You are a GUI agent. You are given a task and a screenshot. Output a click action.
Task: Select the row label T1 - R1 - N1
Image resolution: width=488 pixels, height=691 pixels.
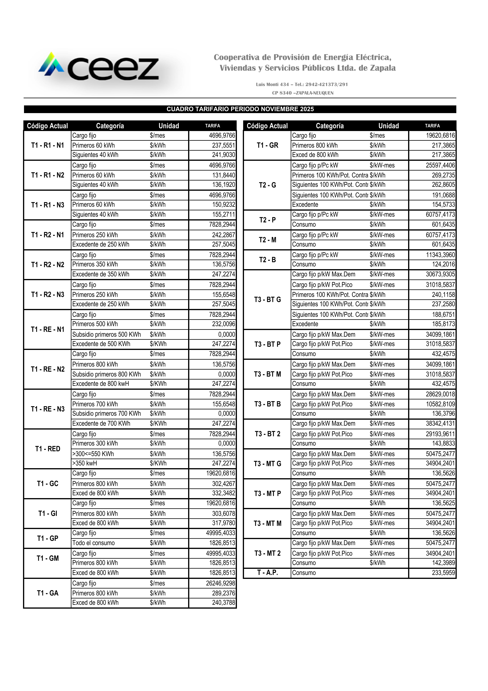coord(47,145)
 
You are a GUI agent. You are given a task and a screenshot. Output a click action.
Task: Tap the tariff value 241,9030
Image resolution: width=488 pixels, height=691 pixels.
coord(223,155)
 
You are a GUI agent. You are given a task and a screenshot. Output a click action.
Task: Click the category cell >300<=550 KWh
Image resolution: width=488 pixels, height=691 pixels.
coord(93,454)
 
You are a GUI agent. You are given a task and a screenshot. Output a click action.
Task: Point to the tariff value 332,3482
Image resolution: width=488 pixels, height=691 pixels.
coord(223,493)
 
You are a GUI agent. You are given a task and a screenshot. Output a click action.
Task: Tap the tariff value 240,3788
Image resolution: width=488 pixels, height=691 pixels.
coord(223,603)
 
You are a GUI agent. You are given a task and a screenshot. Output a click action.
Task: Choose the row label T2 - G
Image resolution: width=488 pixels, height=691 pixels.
coord(267,185)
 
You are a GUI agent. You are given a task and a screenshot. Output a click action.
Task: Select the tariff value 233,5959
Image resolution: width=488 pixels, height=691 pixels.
coord(443,573)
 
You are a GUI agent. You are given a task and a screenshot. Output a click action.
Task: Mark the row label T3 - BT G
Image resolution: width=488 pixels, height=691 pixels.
coord(267,299)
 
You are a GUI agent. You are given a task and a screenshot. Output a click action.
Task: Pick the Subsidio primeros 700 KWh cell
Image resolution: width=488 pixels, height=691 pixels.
coord(106,414)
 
